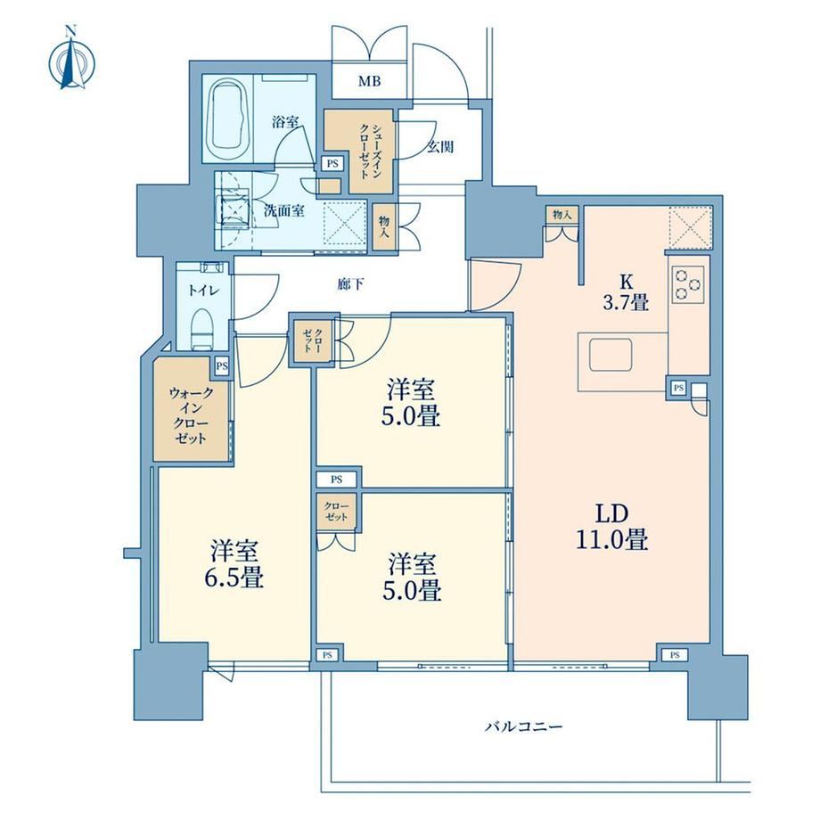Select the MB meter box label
click(369, 81)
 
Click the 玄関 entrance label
click(439, 147)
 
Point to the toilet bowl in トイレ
click(201, 329)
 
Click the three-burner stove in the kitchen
click(689, 283)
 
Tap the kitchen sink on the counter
click(611, 355)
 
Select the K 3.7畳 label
click(626, 293)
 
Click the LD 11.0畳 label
click(611, 527)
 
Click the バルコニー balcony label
click(523, 726)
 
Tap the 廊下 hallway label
click(350, 284)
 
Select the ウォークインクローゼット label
click(192, 415)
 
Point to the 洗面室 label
click(284, 211)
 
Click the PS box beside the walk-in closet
click(222, 366)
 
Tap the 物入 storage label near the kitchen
click(562, 215)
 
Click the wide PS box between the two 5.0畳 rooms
click(337, 479)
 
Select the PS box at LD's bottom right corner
click(675, 655)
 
